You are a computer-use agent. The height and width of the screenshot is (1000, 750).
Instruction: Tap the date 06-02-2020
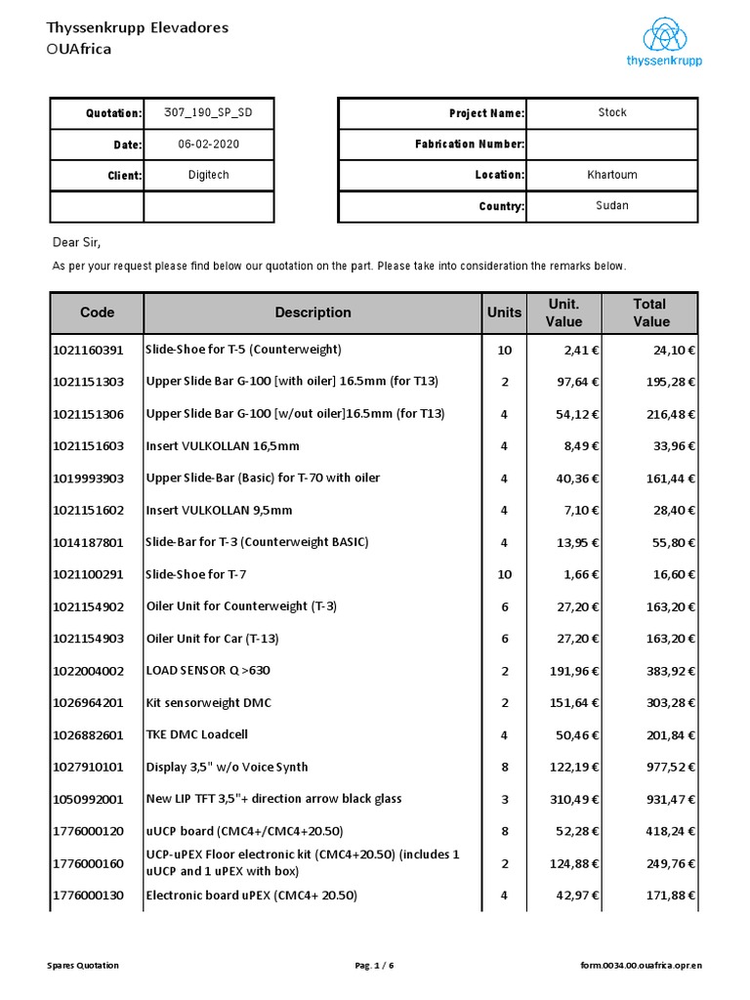click(208, 145)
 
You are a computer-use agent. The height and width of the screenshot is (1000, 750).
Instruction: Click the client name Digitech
click(208, 176)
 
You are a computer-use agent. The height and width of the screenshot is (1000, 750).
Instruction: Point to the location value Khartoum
click(612, 175)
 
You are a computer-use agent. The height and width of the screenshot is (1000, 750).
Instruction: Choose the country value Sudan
click(612, 206)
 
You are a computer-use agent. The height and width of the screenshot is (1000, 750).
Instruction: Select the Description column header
click(312, 312)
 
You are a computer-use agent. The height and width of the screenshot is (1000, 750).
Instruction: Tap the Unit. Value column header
click(563, 312)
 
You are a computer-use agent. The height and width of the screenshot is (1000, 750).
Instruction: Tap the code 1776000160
click(88, 863)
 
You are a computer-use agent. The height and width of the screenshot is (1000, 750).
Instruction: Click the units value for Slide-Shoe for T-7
click(504, 574)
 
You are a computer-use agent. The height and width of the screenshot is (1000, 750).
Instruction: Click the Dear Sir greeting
click(76, 242)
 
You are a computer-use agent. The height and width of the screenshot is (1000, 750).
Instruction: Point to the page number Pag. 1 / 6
click(375, 966)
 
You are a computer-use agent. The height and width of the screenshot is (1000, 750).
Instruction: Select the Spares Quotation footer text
click(83, 966)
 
